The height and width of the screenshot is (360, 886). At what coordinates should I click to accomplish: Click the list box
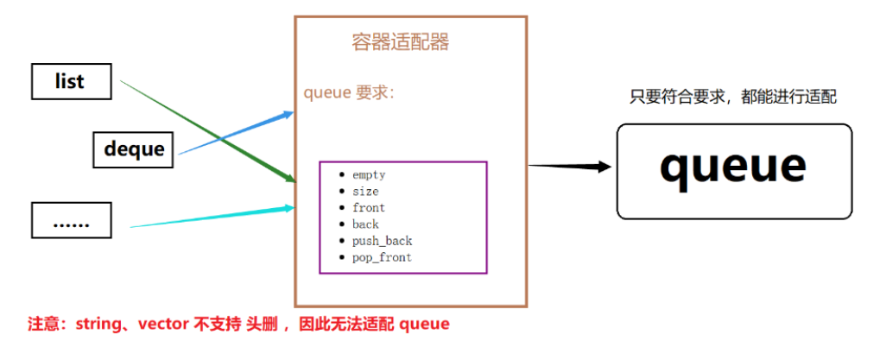click(70, 82)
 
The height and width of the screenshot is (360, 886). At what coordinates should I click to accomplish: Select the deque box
click(134, 148)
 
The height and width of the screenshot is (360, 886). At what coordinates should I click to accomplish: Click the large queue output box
click(733, 169)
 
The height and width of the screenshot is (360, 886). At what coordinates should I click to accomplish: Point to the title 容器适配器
click(401, 41)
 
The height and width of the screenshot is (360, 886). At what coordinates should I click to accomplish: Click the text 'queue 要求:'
click(349, 92)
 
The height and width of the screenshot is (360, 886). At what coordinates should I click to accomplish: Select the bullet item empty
click(369, 175)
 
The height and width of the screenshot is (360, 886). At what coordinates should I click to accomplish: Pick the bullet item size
click(365, 192)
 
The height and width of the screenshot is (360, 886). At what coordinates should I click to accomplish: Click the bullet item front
click(369, 208)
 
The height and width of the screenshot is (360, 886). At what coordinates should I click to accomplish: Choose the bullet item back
click(365, 224)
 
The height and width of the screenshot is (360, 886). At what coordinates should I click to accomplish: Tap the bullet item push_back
click(382, 241)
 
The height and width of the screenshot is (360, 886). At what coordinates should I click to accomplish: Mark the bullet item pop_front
click(382, 257)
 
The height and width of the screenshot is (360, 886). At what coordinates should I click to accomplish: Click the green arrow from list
click(207, 132)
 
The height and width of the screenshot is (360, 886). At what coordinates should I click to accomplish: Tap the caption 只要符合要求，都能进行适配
click(733, 98)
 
